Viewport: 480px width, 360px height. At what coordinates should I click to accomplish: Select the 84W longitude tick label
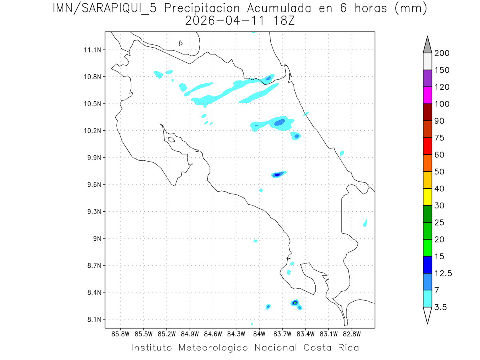coord(259,333)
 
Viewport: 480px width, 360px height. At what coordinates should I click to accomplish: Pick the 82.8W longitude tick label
coord(352,333)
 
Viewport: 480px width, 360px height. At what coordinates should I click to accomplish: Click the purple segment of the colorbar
coord(427,78)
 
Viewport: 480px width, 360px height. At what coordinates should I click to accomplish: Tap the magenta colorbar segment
coord(427,95)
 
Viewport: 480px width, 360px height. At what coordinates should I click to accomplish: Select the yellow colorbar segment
coord(427,197)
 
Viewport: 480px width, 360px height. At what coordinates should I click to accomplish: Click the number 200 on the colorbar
coord(442,53)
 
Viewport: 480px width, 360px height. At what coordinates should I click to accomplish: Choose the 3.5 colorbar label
coord(442,307)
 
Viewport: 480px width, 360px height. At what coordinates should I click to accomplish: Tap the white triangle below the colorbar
coord(427,315)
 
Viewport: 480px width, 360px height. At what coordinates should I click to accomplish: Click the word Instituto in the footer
coord(152,348)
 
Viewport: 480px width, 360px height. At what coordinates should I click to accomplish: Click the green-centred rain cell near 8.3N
coord(295,302)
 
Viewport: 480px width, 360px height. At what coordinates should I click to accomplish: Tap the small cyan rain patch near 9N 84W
coord(256,241)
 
